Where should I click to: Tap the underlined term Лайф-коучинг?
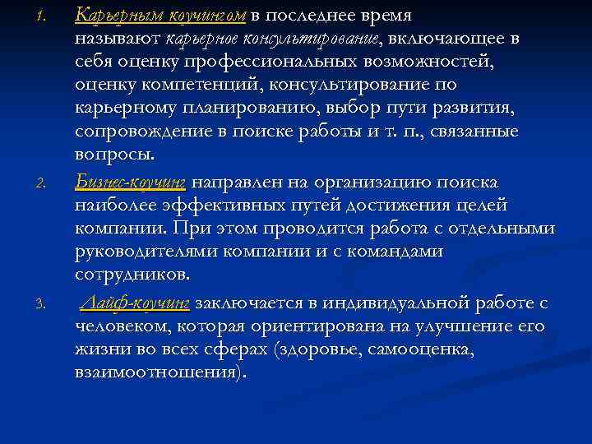[x=135, y=303]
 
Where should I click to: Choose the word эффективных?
[x=239, y=203]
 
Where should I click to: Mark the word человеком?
[x=123, y=326]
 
